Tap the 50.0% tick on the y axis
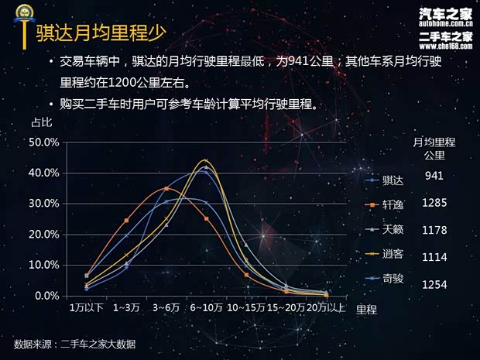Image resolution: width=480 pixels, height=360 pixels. [44, 142]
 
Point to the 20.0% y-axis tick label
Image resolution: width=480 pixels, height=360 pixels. [44, 234]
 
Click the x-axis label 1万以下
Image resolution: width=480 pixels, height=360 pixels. [86, 308]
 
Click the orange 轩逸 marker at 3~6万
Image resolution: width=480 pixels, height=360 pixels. [166, 189]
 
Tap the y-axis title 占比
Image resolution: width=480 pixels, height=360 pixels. [41, 122]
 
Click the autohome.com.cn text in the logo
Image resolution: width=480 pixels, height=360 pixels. [445, 23]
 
